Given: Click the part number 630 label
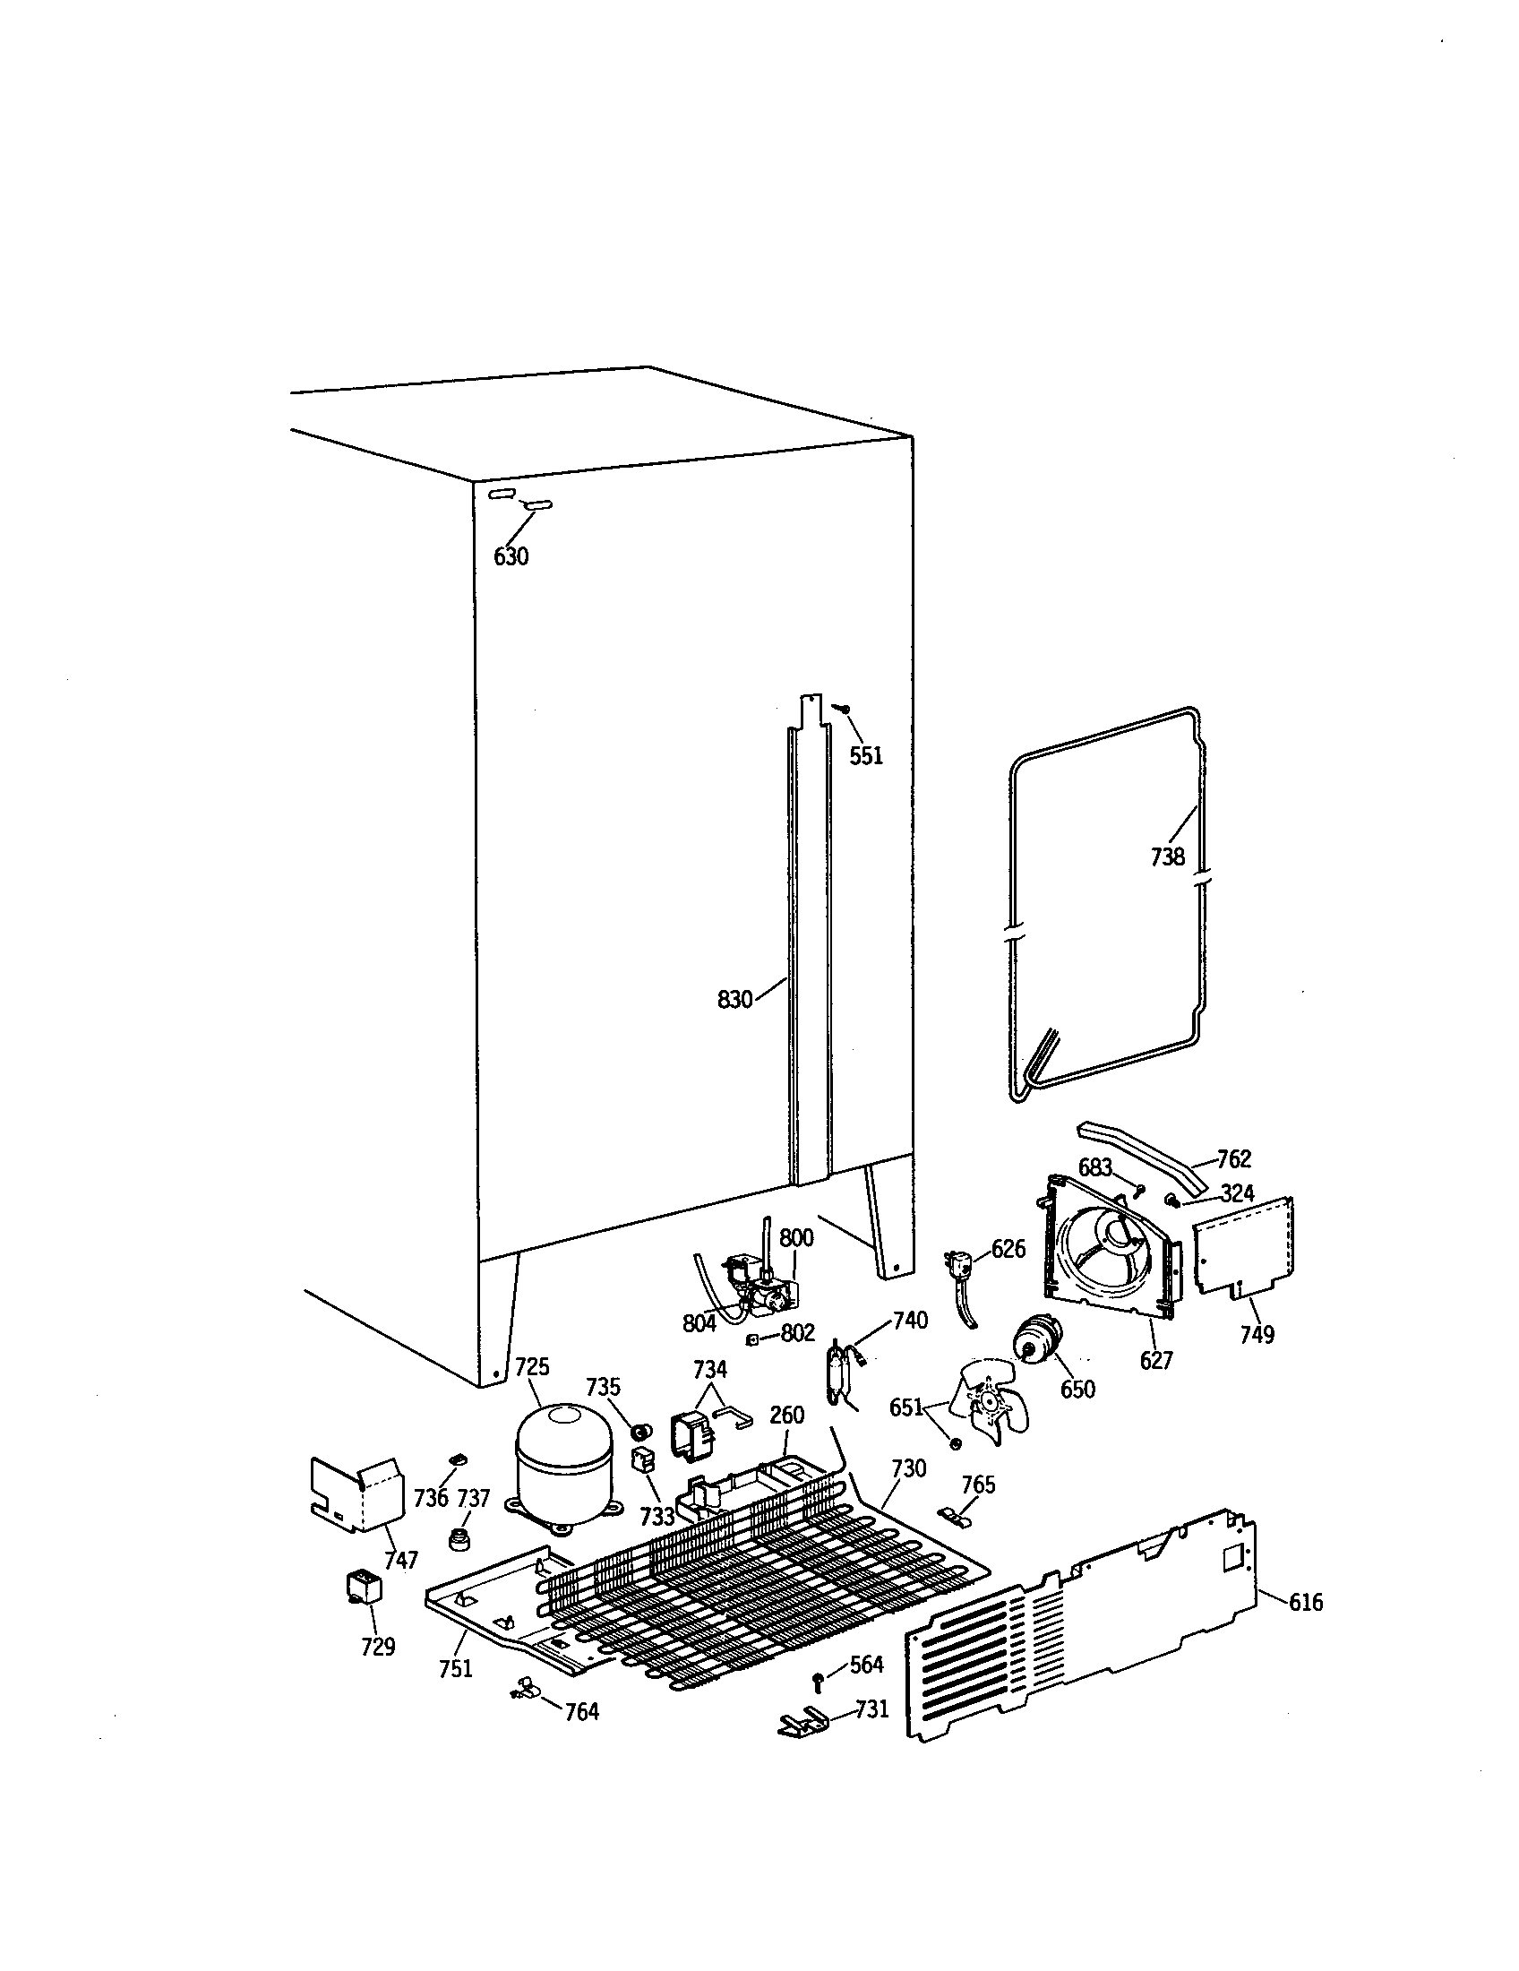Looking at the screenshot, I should (511, 557).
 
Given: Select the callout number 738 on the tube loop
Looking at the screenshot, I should (1167, 856).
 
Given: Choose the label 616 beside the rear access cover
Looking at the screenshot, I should (1305, 1602).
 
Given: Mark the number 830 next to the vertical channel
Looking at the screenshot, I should (734, 1000).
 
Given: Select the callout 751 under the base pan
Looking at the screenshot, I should (456, 1669).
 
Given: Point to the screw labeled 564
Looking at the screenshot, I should (818, 1680).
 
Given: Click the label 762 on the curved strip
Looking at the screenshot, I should (1234, 1158).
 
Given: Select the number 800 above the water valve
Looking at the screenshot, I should (796, 1237).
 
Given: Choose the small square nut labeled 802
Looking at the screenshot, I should (751, 1339).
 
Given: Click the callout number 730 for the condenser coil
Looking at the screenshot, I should (908, 1468).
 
